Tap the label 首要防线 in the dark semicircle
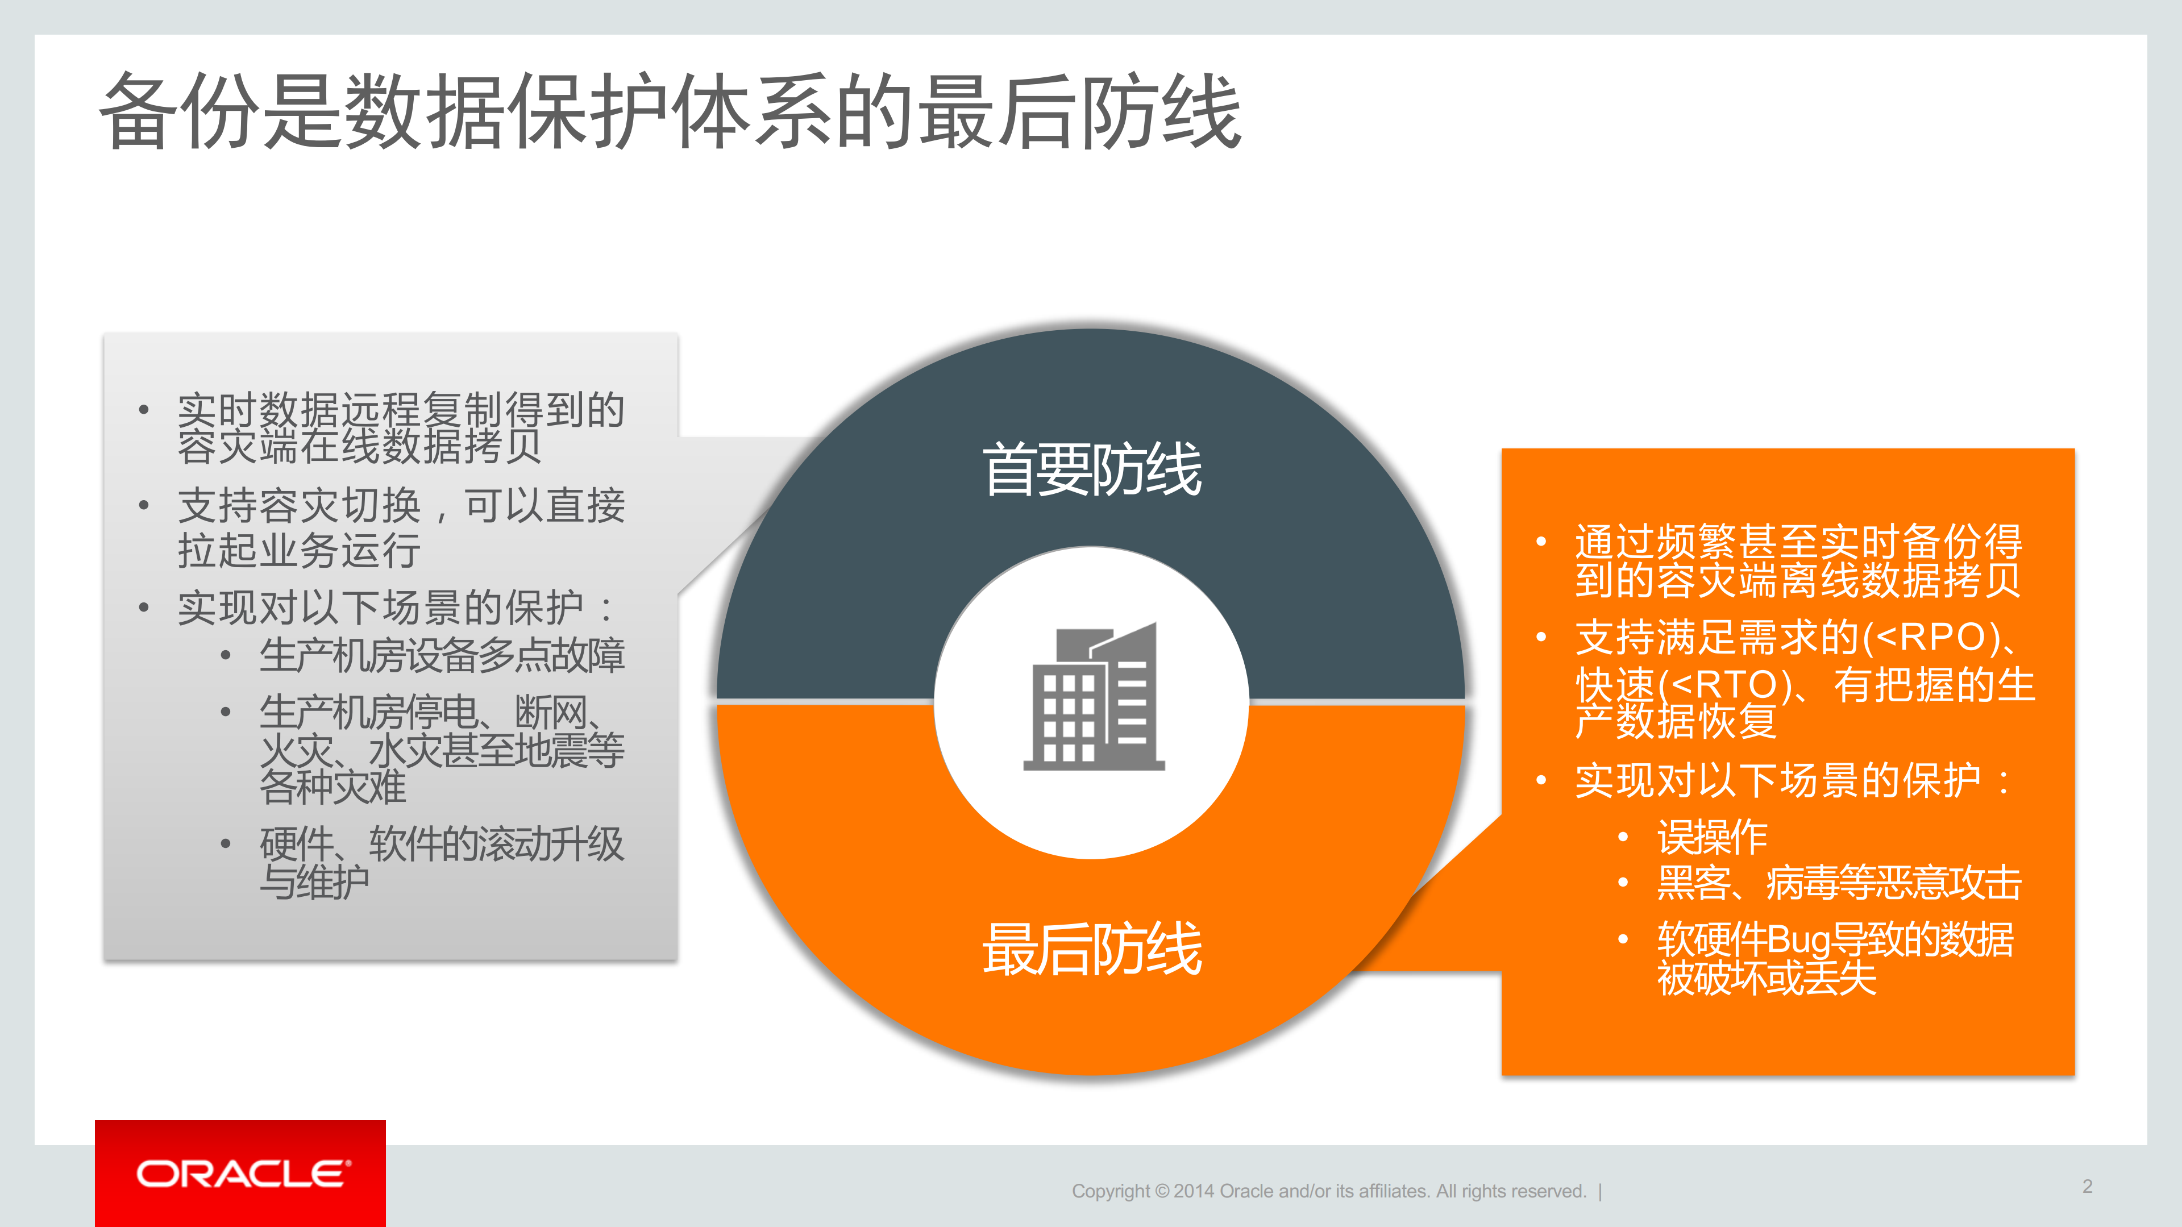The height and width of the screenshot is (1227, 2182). (x=1091, y=469)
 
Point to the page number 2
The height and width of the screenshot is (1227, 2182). (x=2087, y=1186)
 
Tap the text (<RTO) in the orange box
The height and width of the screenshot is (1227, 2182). (x=1724, y=685)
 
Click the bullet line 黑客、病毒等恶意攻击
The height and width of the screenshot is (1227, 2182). (x=1839, y=883)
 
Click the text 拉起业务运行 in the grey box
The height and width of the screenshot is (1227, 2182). (x=299, y=550)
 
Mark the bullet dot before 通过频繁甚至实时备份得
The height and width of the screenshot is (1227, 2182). (x=1541, y=541)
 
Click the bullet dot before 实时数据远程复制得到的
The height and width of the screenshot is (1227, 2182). (x=144, y=410)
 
